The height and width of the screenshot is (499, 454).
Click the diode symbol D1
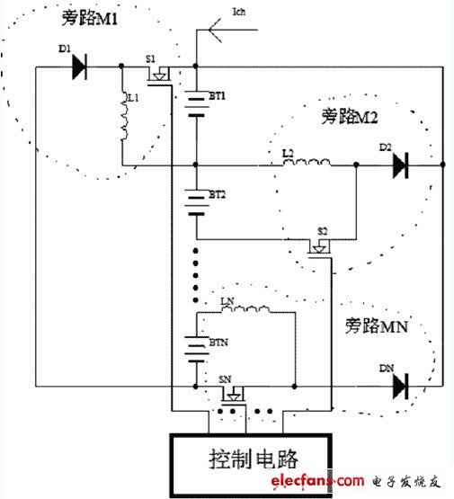pos(78,67)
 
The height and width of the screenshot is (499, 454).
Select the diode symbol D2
pos(398,165)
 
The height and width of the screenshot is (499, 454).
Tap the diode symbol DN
pos(399,387)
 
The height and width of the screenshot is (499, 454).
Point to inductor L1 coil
pos(125,116)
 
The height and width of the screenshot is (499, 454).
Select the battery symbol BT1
pos(195,106)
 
